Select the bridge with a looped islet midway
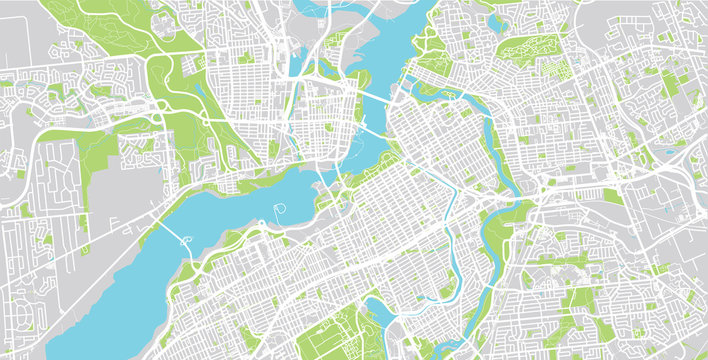pos(185,238)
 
